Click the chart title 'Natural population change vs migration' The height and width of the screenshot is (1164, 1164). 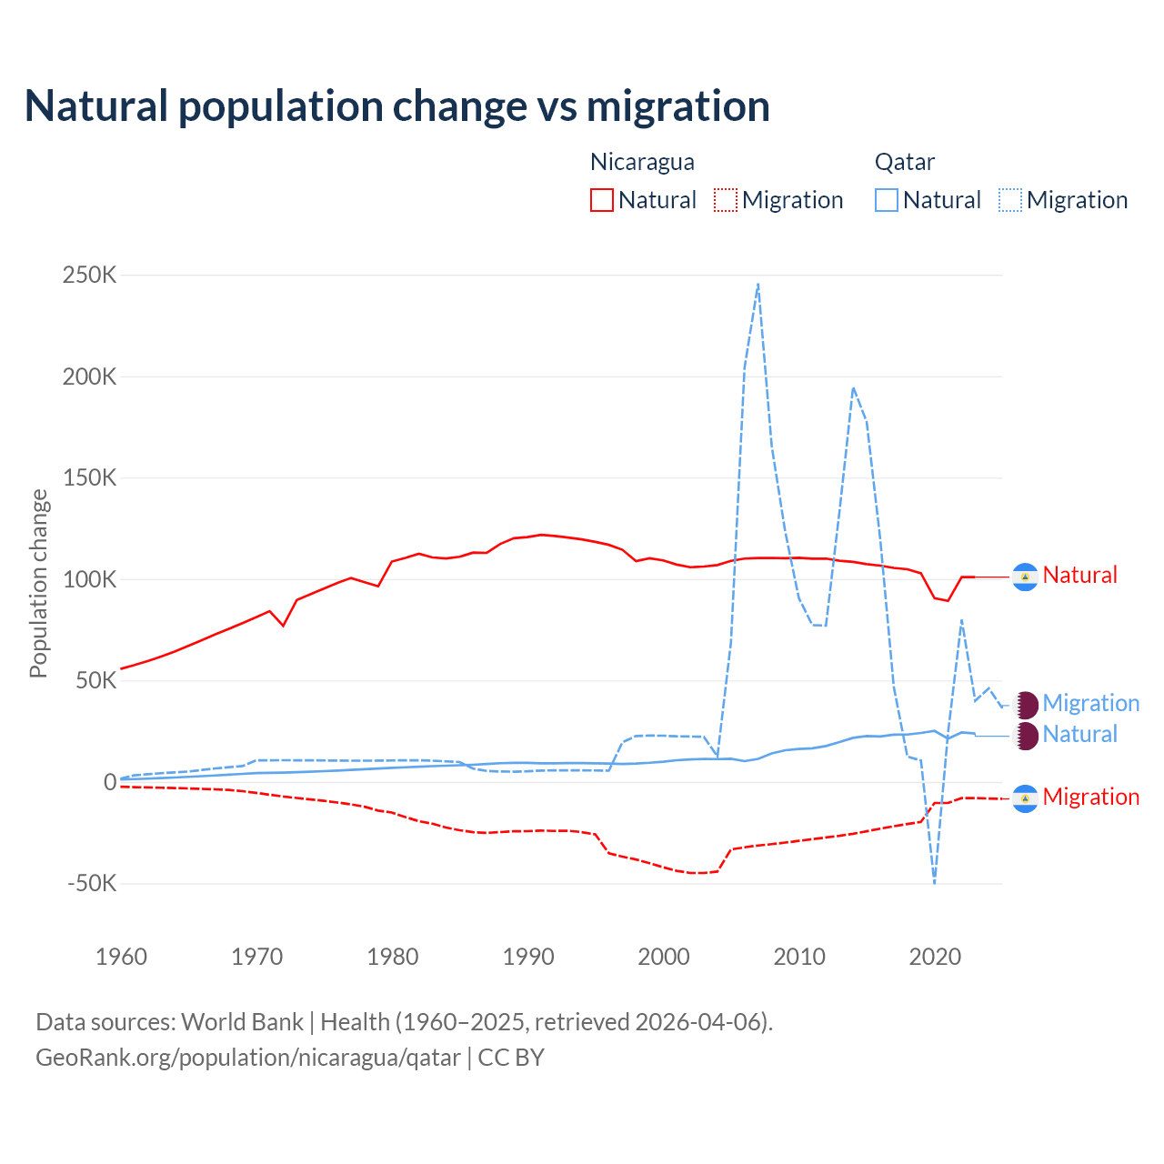tap(397, 106)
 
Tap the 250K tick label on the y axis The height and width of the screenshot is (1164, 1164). tap(89, 275)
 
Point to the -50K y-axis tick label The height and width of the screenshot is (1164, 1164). tap(92, 883)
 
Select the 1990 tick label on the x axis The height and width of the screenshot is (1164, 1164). tap(528, 957)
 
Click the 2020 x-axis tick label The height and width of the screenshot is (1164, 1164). tap(935, 957)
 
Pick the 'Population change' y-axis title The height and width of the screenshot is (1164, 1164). tap(38, 583)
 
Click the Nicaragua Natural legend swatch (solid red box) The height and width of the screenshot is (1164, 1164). tap(601, 200)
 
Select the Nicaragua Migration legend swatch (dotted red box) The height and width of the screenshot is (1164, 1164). tap(725, 200)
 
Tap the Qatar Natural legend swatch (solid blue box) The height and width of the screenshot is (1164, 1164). tap(886, 200)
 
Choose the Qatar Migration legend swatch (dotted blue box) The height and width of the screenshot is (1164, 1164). tap(1009, 200)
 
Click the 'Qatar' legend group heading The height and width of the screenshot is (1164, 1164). tap(904, 162)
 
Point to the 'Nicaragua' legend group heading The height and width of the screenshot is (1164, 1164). tap(642, 162)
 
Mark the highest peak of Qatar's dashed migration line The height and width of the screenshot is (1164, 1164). tap(758, 285)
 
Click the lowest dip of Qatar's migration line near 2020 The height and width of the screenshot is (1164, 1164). tap(934, 880)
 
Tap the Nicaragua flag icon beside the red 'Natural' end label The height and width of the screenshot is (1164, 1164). tap(1025, 577)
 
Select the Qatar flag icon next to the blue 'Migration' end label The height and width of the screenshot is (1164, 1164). tap(1026, 705)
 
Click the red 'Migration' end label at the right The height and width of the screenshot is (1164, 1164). tap(1090, 798)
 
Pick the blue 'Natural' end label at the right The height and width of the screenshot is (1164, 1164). tap(1079, 735)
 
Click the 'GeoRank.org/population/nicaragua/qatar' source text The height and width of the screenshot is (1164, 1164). tap(248, 1058)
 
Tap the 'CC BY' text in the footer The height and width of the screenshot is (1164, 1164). tap(511, 1058)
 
